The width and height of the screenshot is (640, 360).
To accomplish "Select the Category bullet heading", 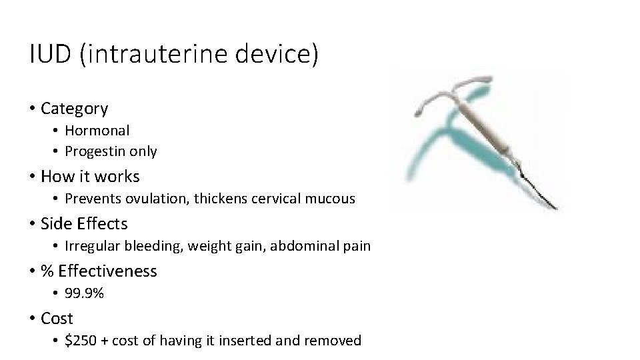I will (74, 108).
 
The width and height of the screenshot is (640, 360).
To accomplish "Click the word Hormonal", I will (97, 130).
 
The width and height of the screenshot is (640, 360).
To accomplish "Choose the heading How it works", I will (90, 177).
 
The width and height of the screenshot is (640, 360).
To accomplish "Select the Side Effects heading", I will (84, 223).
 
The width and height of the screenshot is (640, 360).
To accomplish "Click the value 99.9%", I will (84, 293).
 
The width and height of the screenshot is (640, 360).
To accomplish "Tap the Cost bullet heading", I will (57, 319).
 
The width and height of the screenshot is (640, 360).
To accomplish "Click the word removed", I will (333, 341).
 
